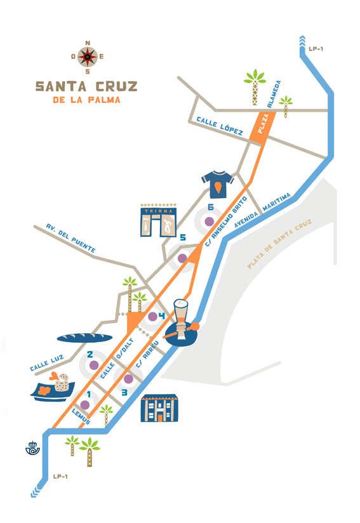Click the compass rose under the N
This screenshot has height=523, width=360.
[x=88, y=57]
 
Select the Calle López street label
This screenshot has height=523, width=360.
[x=220, y=126]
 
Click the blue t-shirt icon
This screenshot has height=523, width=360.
[x=217, y=184]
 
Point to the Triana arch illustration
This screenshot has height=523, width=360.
[x=159, y=220]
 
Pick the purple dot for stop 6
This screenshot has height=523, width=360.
[x=209, y=221]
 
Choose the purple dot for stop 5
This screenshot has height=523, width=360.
[x=182, y=258]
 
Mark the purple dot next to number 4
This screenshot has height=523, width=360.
[x=152, y=317]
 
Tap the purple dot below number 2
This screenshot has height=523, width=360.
[x=94, y=365]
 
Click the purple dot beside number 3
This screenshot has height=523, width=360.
[x=128, y=379]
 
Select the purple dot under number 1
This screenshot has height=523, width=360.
[x=85, y=405]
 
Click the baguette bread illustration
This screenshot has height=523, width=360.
[x=84, y=338]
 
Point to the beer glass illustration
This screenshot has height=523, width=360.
[x=181, y=319]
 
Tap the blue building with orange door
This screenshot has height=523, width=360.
[x=159, y=408]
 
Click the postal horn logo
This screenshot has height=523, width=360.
[x=32, y=448]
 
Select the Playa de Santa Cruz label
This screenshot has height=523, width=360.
[x=279, y=244]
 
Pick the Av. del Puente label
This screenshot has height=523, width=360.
[x=70, y=238]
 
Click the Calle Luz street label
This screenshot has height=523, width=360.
[x=47, y=363]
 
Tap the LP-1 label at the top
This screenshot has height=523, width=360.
[x=316, y=49]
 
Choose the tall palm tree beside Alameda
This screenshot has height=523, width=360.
[x=255, y=87]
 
